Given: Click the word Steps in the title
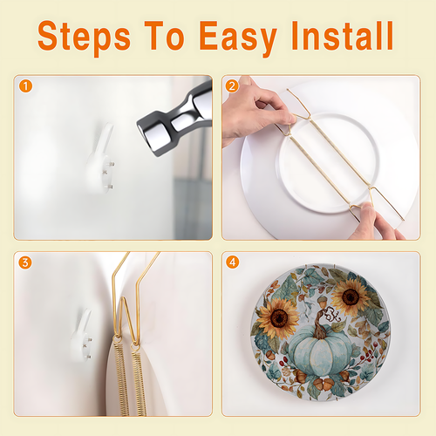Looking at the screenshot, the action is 84,37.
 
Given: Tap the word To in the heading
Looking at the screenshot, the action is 165,36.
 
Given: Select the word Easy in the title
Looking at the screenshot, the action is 238,38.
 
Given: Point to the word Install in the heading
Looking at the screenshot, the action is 343,36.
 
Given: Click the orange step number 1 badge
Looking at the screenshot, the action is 25,86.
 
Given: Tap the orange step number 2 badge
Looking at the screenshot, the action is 232,86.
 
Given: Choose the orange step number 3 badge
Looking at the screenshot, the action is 25,262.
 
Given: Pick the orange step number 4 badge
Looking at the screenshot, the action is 233,262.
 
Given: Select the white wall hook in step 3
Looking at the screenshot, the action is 82,337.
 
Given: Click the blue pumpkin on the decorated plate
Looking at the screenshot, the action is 320,351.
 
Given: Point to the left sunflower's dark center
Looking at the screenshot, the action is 279,318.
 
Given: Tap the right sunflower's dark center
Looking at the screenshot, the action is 351,297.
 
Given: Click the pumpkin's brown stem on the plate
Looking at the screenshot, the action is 320,324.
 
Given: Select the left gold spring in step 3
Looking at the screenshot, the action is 122,378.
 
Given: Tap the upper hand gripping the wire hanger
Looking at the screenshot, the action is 255,112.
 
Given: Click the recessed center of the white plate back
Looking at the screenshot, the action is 329,163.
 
